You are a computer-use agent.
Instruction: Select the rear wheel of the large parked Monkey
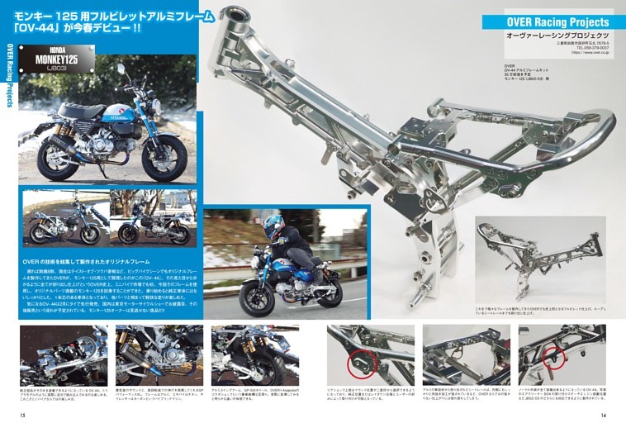(58, 157)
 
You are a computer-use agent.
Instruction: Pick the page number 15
(23, 415)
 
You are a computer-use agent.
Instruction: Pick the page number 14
(604, 415)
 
